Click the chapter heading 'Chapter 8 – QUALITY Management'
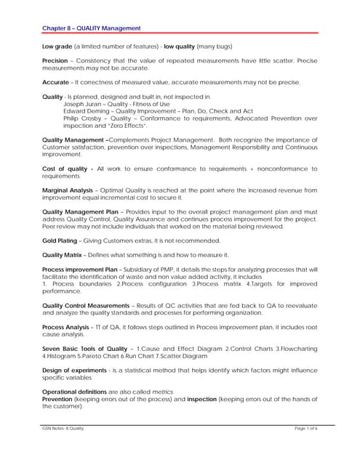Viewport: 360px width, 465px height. tap(92, 28)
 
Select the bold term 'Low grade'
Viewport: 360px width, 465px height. tap(57, 45)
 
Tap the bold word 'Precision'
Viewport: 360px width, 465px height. tap(57, 61)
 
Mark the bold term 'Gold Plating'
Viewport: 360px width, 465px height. tap(60, 240)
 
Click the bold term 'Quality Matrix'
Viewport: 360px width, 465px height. tap(63, 254)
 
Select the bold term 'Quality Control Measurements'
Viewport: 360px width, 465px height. tap(86, 305)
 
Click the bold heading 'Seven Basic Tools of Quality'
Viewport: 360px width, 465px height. tap(84, 349)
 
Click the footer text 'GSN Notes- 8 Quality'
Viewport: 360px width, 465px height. tap(63, 429)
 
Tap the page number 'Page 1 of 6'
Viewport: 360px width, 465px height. tap(305, 429)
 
